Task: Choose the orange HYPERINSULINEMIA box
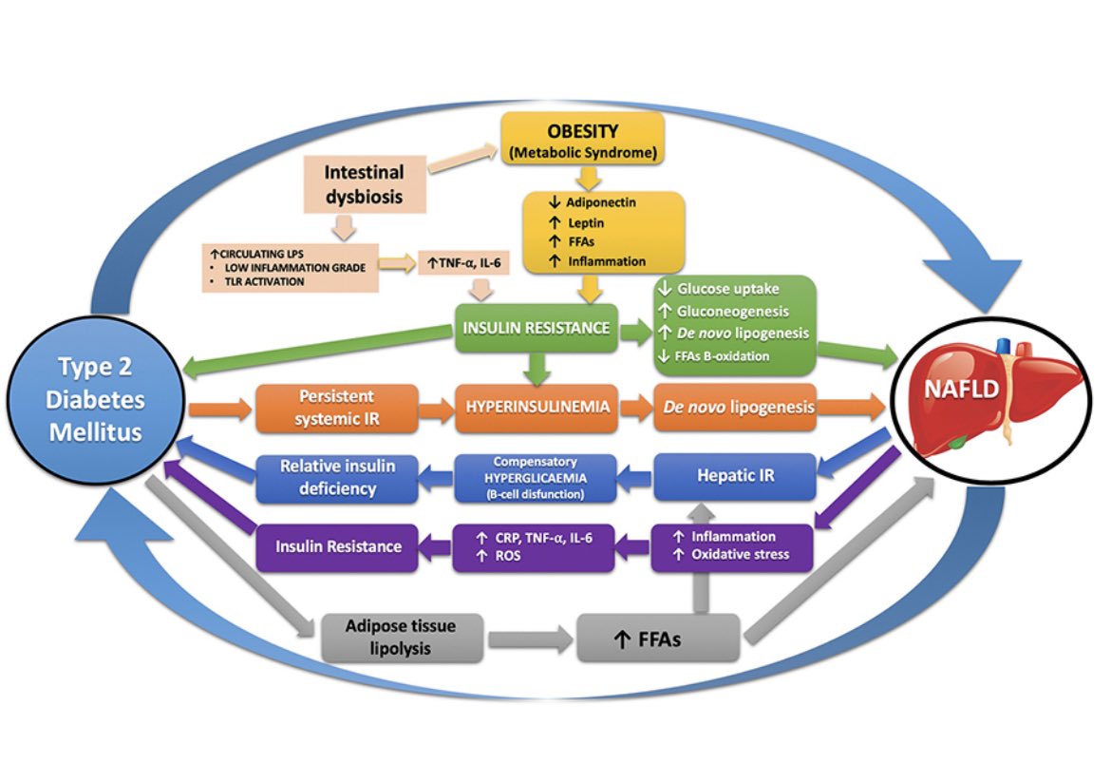tap(537, 409)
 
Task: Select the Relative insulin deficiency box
tap(339, 477)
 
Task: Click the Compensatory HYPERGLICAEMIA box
tap(537, 476)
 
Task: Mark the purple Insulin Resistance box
tap(339, 546)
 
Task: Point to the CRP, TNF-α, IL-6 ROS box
tap(537, 547)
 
